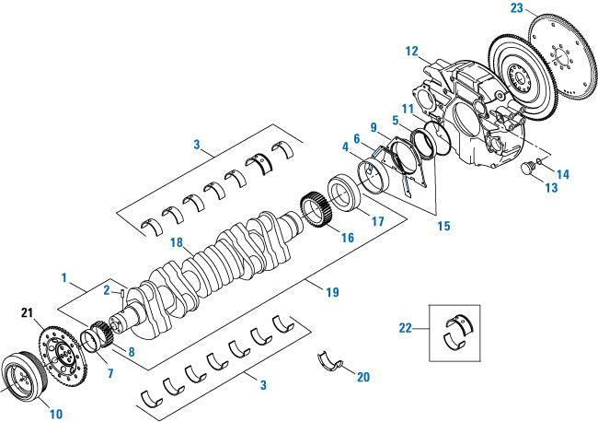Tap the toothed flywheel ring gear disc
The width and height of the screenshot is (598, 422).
(x=542, y=69)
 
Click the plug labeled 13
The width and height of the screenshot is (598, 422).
(x=528, y=171)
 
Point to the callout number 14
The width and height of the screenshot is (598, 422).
(x=560, y=172)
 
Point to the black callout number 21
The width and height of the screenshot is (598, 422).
(x=27, y=313)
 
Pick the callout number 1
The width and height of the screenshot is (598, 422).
(x=65, y=275)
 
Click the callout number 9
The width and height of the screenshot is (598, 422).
(x=374, y=126)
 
